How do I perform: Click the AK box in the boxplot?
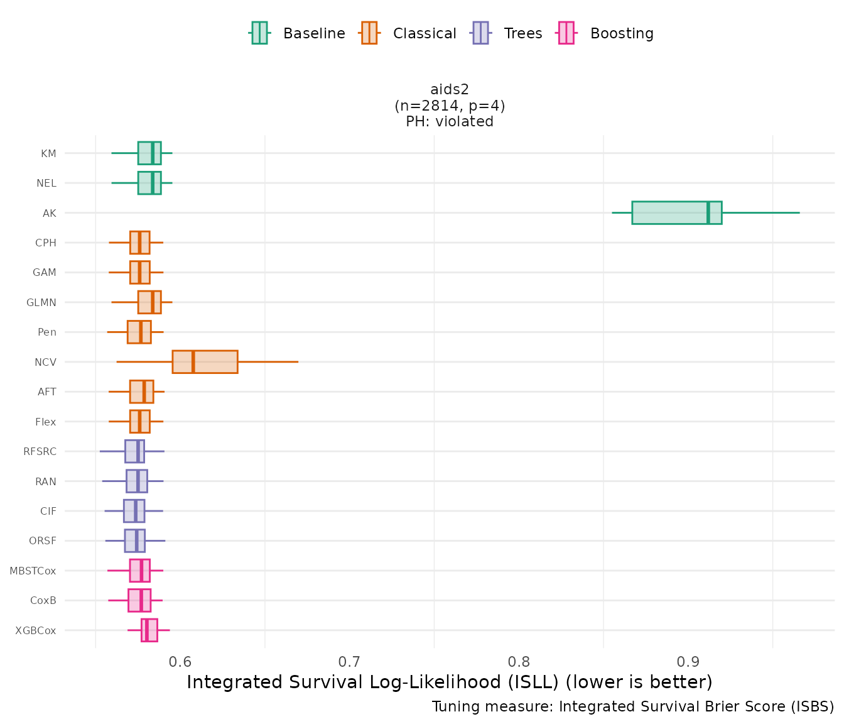click(676, 212)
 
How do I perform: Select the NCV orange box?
click(205, 362)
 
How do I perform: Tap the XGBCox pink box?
click(149, 630)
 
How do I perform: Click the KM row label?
click(48, 153)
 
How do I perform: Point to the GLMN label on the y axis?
click(41, 302)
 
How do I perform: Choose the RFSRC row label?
click(40, 451)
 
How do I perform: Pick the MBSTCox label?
click(33, 571)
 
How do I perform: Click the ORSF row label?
click(43, 540)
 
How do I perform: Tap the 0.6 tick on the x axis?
click(180, 662)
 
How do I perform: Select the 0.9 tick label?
click(688, 662)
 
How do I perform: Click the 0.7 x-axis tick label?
click(350, 662)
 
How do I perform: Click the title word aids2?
click(450, 89)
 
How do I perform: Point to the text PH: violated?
click(450, 121)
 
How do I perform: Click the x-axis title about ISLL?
click(450, 682)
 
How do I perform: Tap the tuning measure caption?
click(633, 706)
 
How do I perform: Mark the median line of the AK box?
click(708, 212)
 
